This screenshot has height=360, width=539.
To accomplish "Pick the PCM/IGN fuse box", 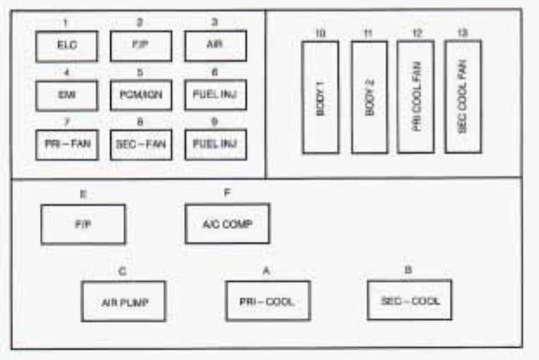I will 141,95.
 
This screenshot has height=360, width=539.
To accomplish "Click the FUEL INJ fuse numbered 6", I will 214,95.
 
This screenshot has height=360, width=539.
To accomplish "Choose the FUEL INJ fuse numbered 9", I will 214,144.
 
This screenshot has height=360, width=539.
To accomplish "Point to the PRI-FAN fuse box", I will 66,144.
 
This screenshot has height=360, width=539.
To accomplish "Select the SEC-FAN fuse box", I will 141,144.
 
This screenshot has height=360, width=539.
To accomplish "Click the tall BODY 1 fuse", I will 319,97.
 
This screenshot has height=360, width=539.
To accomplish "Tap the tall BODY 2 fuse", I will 369,97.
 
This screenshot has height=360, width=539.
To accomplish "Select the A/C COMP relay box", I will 227,224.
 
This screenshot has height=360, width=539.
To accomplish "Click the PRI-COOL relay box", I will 266,300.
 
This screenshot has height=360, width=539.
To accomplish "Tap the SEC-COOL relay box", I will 409,299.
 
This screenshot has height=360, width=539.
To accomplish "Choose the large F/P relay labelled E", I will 83,224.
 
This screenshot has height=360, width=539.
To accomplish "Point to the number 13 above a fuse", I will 462,32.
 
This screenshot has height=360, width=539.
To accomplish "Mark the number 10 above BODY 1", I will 319,33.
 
